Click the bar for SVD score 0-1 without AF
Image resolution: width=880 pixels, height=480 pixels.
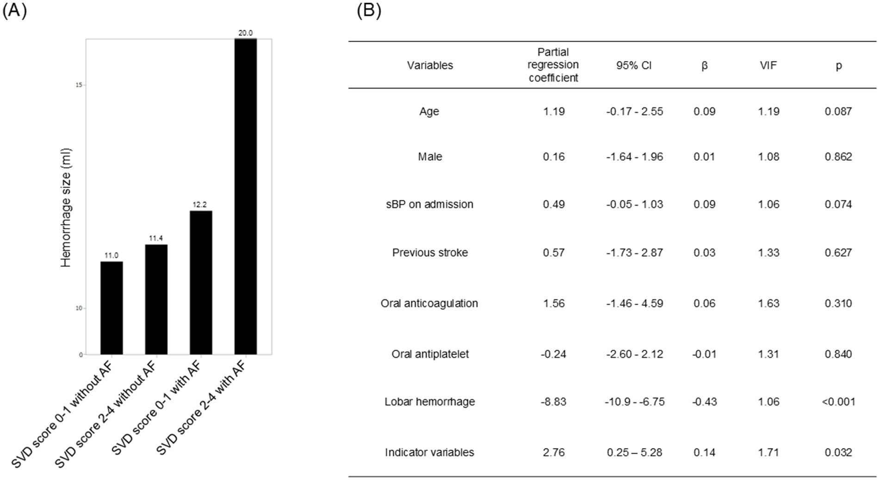click(112, 308)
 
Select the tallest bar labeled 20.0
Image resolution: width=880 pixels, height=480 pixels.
click(245, 197)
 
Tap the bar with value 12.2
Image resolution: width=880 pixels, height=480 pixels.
click(201, 282)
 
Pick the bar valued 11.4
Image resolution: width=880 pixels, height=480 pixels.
click(156, 299)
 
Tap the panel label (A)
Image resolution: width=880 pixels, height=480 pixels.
click(14, 10)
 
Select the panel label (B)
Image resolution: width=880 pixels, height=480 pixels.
click(369, 10)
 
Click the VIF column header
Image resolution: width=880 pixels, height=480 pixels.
click(768, 66)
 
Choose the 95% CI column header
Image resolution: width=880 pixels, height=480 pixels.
click(634, 66)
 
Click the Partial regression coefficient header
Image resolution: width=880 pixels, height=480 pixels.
click(553, 65)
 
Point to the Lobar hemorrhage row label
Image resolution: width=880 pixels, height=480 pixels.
click(429, 402)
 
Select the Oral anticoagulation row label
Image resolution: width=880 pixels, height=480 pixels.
click(429, 303)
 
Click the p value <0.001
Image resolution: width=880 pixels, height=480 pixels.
click(838, 402)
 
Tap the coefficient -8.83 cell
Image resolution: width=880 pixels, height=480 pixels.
click(553, 402)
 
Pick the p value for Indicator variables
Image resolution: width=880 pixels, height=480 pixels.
click(838, 452)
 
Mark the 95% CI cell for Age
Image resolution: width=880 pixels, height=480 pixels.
click(634, 111)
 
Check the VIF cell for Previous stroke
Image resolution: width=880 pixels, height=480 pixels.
click(768, 252)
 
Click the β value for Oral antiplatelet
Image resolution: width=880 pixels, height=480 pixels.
click(704, 354)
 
